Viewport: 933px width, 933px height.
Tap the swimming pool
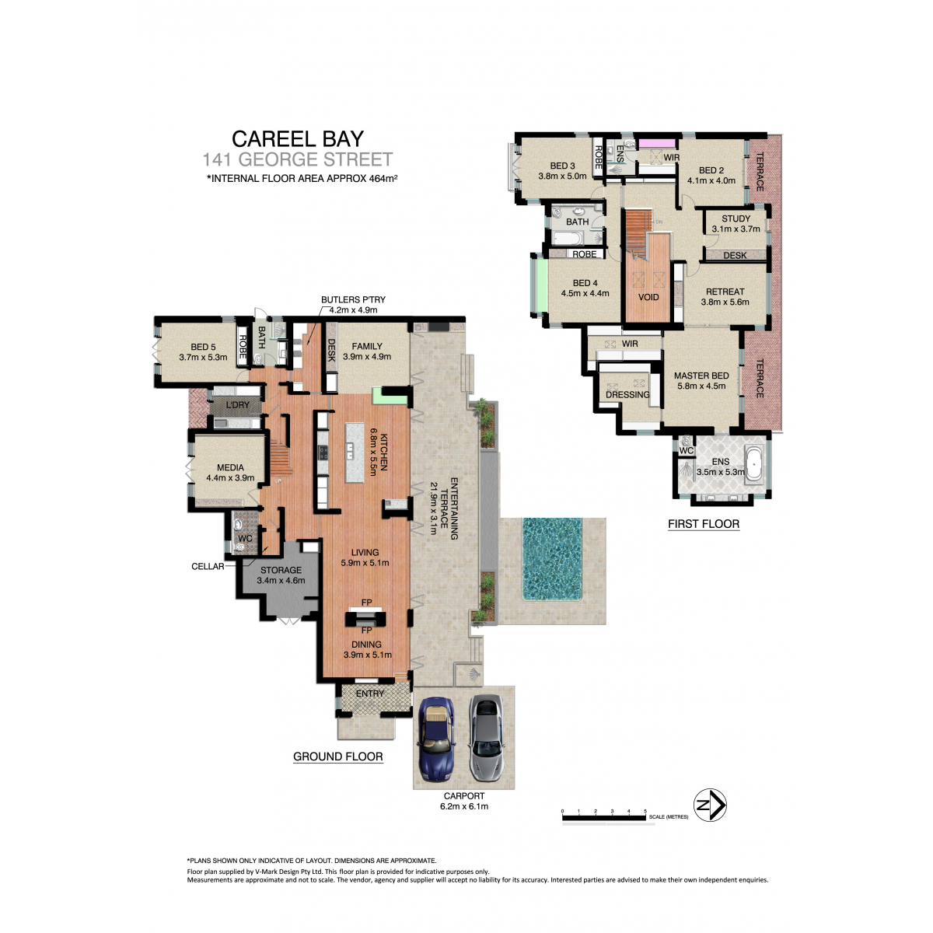pos(552,559)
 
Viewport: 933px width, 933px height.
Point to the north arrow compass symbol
pos(711,805)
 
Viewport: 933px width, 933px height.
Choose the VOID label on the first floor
pos(648,297)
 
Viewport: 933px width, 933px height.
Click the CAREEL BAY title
pos(298,139)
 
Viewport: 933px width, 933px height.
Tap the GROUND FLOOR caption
pos(338,757)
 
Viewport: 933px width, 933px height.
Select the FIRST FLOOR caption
pos(704,524)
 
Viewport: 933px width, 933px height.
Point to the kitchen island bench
pos(355,453)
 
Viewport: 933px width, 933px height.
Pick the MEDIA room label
pos(230,468)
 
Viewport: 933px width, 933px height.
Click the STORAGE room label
pos(281,571)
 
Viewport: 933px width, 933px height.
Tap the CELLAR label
pos(208,567)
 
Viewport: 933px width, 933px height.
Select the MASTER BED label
pos(701,376)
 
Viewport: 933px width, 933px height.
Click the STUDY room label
pos(736,218)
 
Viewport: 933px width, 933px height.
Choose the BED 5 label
pos(204,347)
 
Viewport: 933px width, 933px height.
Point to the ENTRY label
pos(370,694)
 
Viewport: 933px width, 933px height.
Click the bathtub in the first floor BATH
pos(569,238)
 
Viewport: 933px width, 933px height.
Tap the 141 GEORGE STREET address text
pos(297,159)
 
